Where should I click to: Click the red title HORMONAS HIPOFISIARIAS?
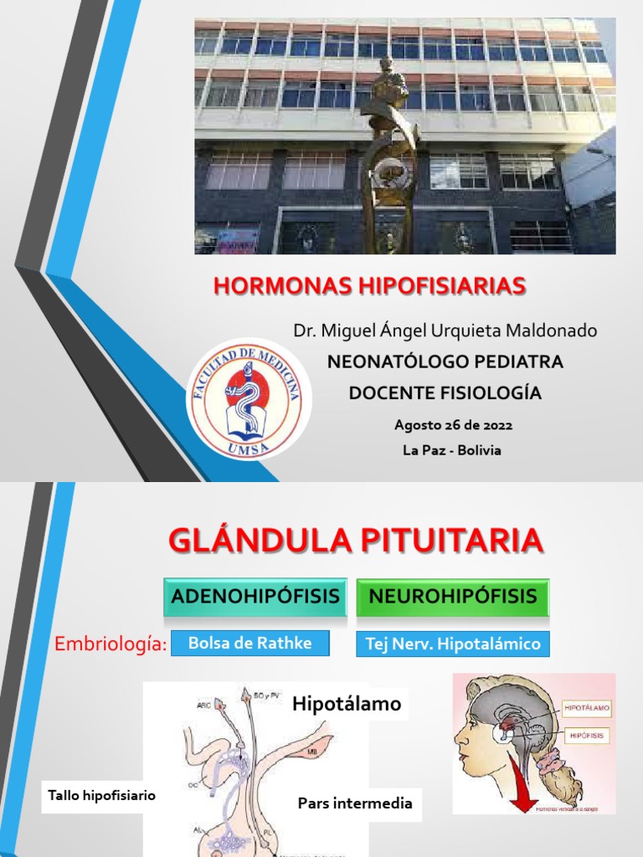coord(369,286)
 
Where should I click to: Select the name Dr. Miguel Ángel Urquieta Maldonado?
coord(445,331)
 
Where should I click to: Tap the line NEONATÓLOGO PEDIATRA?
coord(445,362)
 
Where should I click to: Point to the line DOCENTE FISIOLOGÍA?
coord(445,393)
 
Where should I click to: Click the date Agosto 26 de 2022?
coord(453,425)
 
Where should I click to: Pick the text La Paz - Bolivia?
coord(452,450)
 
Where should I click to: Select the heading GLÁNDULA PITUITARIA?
coord(357,541)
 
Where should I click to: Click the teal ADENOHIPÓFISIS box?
coord(255,597)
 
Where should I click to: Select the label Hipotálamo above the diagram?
coord(347,705)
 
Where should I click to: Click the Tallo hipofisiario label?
coord(101,795)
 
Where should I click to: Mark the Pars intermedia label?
coord(355,803)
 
